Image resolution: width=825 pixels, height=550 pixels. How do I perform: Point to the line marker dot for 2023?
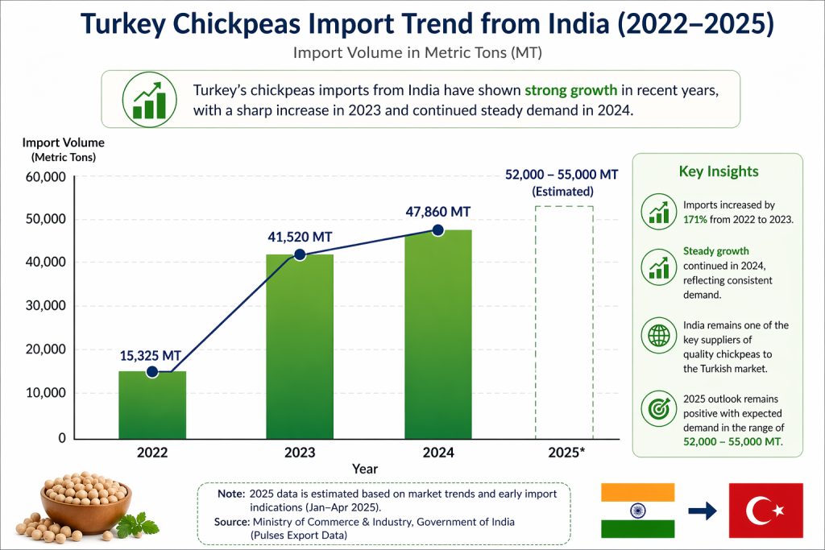click(300, 254)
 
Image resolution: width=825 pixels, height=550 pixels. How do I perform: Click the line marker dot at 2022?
click(152, 371)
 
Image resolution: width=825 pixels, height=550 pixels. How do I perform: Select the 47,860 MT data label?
click(437, 212)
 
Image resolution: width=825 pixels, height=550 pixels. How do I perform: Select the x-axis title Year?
click(364, 468)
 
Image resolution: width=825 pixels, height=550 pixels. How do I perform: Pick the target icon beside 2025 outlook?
click(657, 409)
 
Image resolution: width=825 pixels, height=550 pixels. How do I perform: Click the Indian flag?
click(637, 511)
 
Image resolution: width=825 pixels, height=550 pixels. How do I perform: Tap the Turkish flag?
click(765, 511)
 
